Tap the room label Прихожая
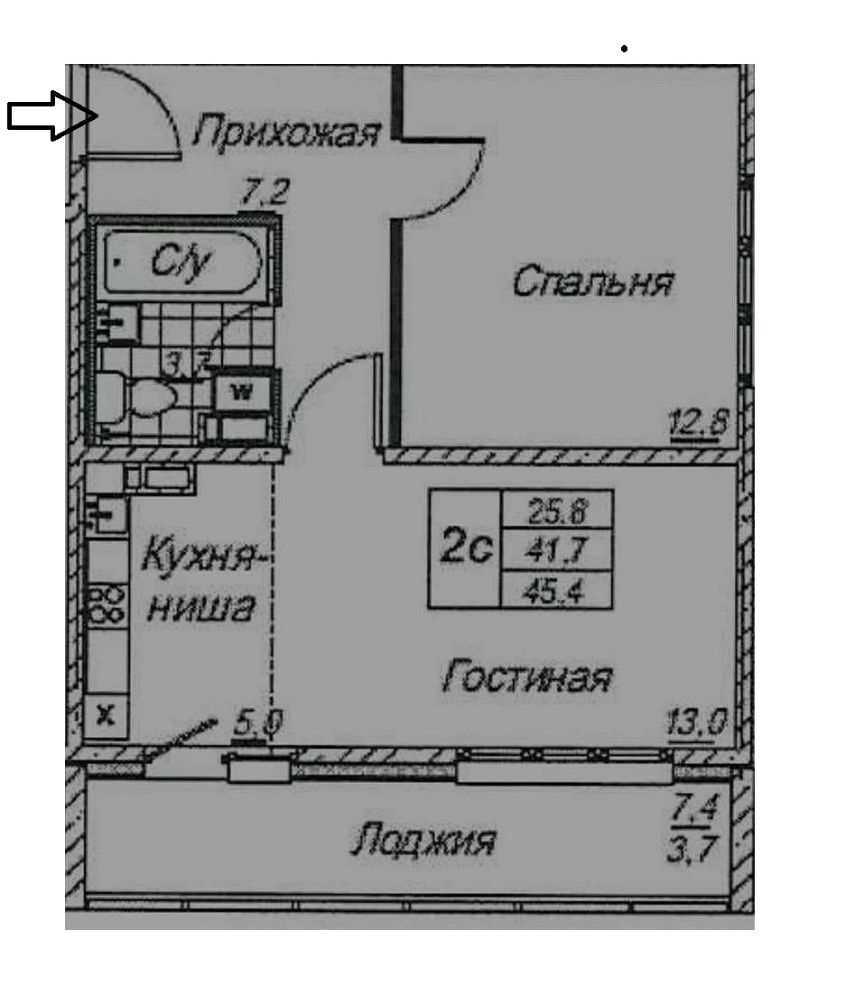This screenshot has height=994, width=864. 284,133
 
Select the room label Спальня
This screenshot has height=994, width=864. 592,282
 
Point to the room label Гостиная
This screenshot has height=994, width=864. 527,676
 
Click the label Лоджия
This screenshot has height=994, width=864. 423,842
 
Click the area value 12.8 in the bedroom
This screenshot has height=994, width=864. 698,420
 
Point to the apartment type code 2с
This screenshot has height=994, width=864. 465,548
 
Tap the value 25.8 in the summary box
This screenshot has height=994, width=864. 556,512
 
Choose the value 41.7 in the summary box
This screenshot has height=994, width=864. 556,550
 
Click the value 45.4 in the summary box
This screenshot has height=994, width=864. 556,589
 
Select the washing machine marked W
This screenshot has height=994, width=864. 240,391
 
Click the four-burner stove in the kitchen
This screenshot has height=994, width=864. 107,603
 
